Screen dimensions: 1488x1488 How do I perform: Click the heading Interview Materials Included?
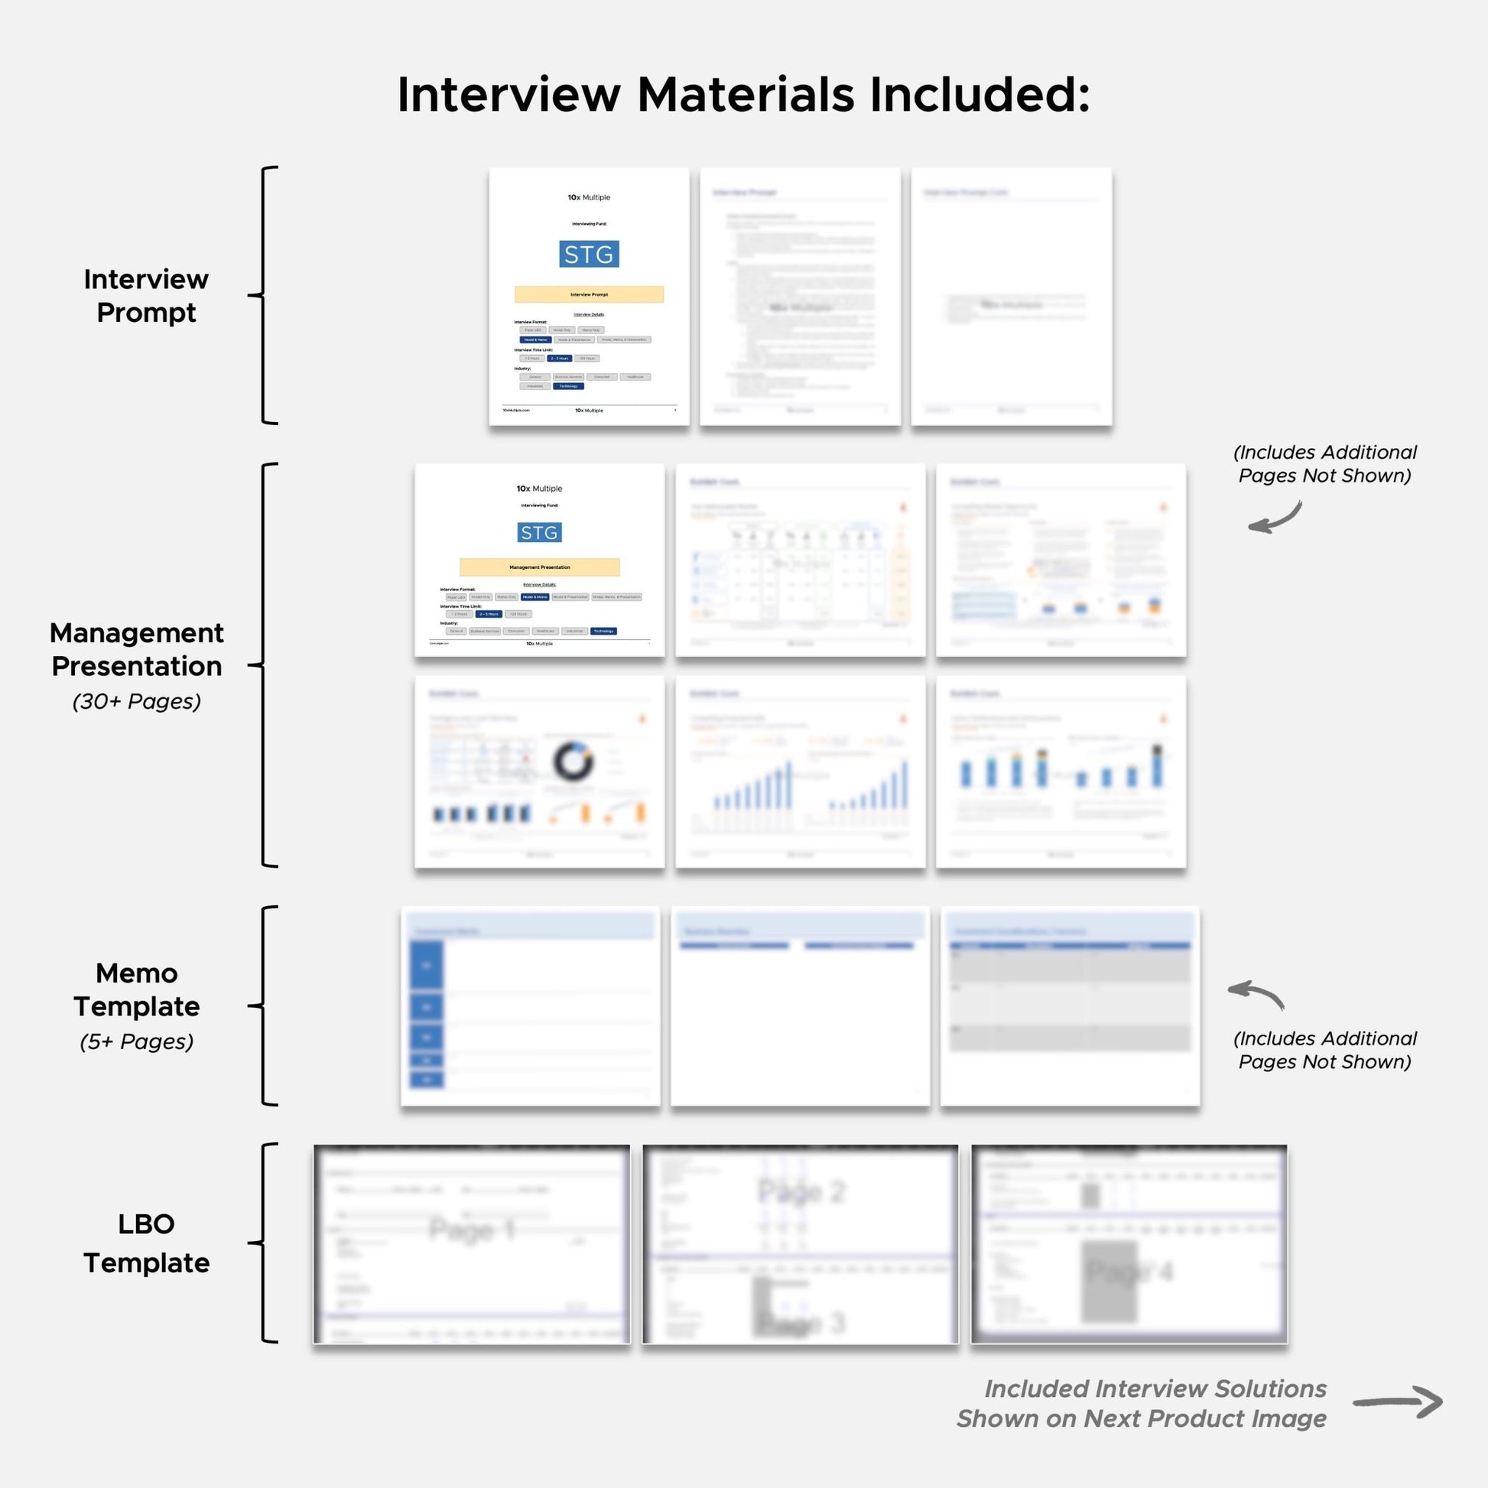[743, 95]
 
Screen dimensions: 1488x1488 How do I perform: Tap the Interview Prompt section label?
[146, 296]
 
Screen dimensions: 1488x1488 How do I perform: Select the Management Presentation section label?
[137, 649]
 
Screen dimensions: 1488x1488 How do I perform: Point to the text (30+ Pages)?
[137, 702]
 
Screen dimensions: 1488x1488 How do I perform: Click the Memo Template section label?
[137, 989]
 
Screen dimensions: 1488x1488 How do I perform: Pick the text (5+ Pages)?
[137, 1042]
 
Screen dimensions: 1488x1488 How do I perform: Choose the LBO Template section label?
[146, 1243]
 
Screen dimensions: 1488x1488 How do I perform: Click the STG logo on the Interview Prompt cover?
[589, 254]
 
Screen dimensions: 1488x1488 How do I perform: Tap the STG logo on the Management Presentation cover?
[539, 532]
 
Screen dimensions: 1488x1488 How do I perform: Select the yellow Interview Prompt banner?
[589, 294]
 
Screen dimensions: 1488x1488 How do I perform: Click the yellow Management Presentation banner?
[539, 567]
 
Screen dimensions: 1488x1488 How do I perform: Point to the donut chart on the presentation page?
[573, 762]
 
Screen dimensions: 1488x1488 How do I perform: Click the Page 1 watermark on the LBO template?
[471, 1230]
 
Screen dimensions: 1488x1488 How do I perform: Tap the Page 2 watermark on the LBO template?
[802, 1191]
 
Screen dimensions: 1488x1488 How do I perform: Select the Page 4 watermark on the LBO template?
[1130, 1272]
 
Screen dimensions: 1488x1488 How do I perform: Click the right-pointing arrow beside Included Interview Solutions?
[1398, 1402]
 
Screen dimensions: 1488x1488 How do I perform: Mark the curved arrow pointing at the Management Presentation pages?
[1275, 518]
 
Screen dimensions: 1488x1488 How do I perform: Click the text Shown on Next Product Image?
[1142, 1418]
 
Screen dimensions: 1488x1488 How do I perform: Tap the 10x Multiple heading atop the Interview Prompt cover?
[589, 198]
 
